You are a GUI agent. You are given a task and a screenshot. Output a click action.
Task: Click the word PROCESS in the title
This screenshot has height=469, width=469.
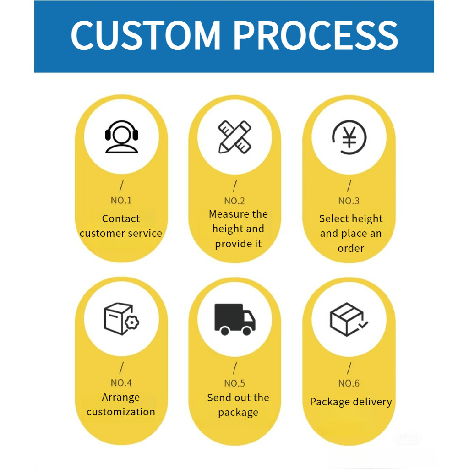(x=316, y=35)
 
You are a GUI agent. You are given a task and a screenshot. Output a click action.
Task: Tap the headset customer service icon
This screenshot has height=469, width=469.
(x=122, y=137)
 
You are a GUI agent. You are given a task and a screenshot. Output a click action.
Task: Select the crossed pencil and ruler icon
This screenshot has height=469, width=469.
(x=235, y=137)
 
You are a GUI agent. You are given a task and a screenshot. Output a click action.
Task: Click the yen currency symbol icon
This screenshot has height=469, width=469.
(x=349, y=137)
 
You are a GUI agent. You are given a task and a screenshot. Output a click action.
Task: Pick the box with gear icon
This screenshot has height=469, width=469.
(x=121, y=319)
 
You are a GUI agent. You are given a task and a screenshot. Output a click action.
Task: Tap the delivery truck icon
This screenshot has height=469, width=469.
(x=235, y=319)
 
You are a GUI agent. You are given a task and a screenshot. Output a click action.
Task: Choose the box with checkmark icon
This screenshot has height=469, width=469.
(x=349, y=319)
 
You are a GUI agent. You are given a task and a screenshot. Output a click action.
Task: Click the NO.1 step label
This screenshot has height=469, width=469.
(x=121, y=201)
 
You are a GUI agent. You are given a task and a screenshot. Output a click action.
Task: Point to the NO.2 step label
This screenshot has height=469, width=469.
(x=234, y=201)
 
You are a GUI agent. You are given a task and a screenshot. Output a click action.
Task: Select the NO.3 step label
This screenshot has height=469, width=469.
(x=349, y=201)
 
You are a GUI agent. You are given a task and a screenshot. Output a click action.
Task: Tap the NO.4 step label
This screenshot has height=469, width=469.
(x=121, y=382)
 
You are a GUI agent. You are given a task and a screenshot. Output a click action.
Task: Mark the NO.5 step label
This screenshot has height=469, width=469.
(x=234, y=383)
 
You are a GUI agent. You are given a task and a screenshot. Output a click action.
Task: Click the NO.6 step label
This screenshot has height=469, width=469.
(x=349, y=383)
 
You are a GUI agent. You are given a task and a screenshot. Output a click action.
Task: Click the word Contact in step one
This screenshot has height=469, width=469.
(x=121, y=218)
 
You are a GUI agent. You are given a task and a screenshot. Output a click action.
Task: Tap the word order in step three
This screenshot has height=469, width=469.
(x=351, y=248)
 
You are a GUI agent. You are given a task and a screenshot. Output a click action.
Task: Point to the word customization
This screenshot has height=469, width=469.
(x=121, y=412)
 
